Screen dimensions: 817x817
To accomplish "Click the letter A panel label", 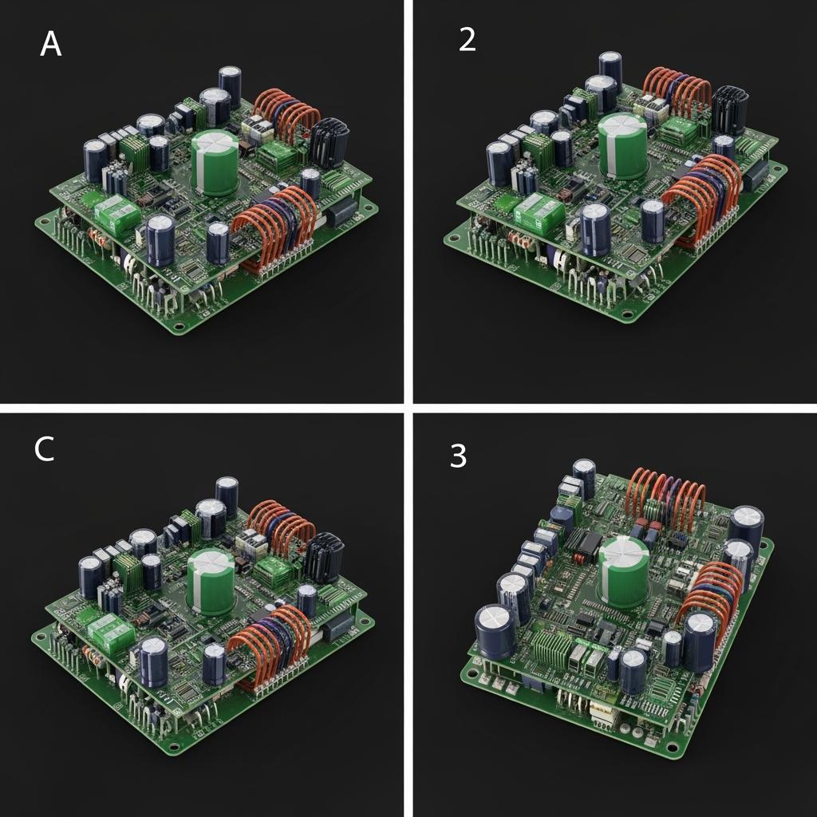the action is pyautogui.click(x=51, y=44).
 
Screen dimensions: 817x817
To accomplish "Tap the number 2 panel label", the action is pyautogui.click(x=467, y=39).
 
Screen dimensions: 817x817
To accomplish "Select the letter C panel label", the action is pyautogui.click(x=45, y=448).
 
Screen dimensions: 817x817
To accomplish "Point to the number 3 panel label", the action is pyautogui.click(x=458, y=456).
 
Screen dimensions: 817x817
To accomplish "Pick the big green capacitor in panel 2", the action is pyautogui.click(x=622, y=147).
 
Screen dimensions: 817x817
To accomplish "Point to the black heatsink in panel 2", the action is pyautogui.click(x=730, y=110).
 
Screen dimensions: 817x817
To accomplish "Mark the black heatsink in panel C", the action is pyautogui.click(x=324, y=557).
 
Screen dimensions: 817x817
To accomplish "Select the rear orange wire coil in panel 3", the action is pyautogui.click(x=668, y=492).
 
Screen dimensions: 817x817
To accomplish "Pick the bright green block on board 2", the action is pyautogui.click(x=539, y=211).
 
